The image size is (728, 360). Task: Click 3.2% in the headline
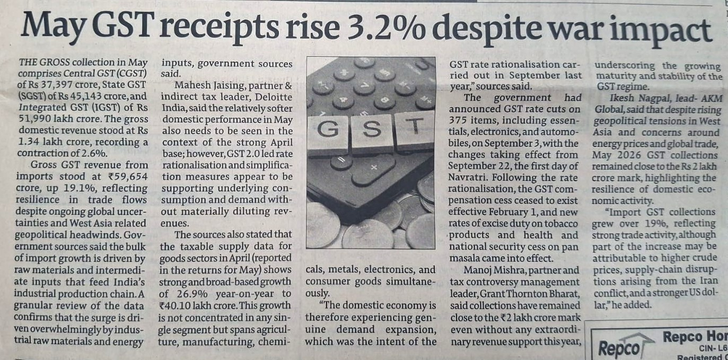tap(384, 29)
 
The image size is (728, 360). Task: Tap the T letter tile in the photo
tap(415, 129)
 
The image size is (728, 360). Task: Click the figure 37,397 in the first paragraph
tap(57, 85)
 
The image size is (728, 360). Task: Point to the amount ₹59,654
tap(128, 177)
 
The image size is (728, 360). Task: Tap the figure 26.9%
tap(192, 294)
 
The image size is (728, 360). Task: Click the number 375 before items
tap(458, 120)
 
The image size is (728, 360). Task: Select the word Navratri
tap(468, 178)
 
